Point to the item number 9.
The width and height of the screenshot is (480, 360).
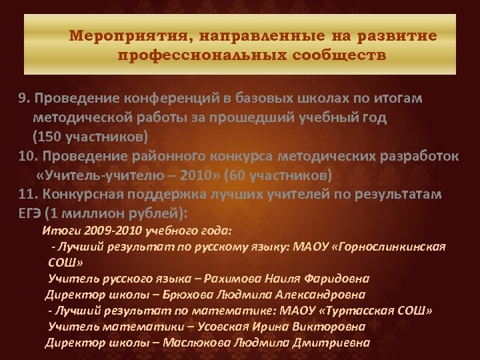tap(24, 99)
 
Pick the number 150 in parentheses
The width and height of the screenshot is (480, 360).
tap(50, 137)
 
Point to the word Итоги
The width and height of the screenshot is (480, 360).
tap(61, 231)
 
